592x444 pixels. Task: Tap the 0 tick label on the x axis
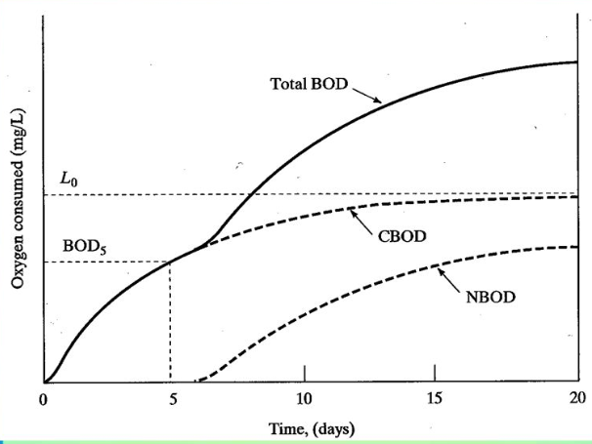[x=43, y=398]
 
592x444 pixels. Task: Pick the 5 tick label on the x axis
[x=173, y=398]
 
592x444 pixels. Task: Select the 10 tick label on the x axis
[x=304, y=398]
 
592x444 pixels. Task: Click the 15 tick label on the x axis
[x=435, y=398]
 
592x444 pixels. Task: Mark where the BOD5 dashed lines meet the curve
[x=171, y=262]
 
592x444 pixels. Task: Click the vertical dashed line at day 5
[x=171, y=322]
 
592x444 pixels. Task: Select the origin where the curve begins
[x=44, y=382]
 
